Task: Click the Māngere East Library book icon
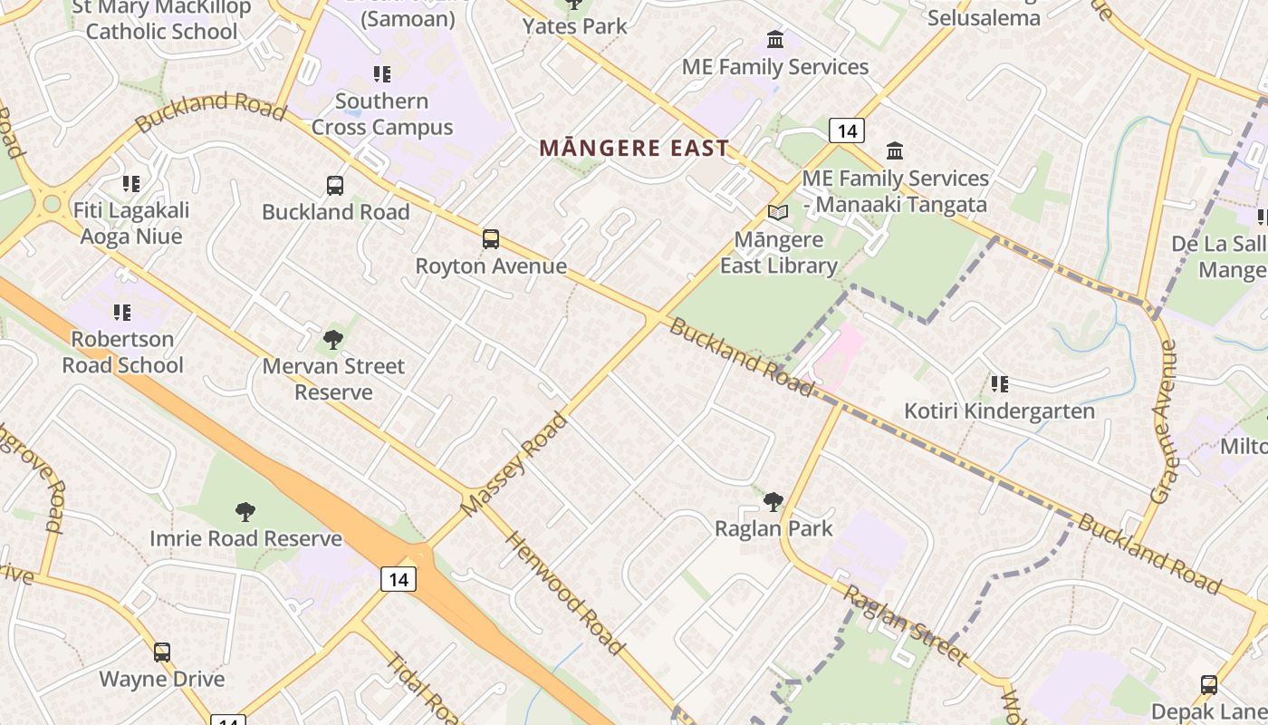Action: point(777,212)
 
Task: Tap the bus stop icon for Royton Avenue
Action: point(491,239)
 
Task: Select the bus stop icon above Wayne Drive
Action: point(162,652)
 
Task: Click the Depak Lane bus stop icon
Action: point(1209,684)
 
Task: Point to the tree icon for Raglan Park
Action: point(773,501)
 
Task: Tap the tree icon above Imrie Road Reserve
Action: point(245,512)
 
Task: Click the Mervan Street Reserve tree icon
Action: point(333,340)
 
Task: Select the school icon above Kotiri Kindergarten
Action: point(999,384)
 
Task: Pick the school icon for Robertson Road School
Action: point(121,313)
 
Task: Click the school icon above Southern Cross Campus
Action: point(381,73)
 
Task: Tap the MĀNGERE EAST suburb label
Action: point(634,148)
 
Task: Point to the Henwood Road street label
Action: point(565,593)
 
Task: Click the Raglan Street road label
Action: point(906,625)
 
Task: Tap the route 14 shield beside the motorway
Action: point(398,578)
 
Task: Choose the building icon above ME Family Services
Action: point(775,40)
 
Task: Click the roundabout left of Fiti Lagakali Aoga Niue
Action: point(52,204)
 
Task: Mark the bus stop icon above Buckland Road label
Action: point(335,186)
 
